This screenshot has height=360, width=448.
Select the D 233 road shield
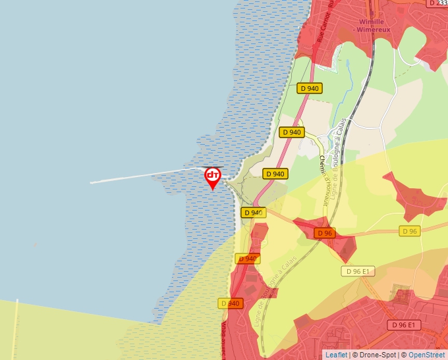point(437,3)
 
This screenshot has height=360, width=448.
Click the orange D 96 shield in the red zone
point(324,233)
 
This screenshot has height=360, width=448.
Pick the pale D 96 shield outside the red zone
point(410,231)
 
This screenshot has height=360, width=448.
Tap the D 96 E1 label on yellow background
point(358,271)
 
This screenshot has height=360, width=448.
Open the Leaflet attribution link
point(336,355)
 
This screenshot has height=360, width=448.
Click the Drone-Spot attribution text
point(376,355)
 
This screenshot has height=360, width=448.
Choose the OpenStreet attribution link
point(426,355)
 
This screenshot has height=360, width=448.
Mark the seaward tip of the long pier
point(91,182)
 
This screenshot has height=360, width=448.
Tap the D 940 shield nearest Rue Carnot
point(310,88)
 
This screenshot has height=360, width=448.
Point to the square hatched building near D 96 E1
point(399,294)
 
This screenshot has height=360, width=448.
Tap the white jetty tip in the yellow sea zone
point(15,301)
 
